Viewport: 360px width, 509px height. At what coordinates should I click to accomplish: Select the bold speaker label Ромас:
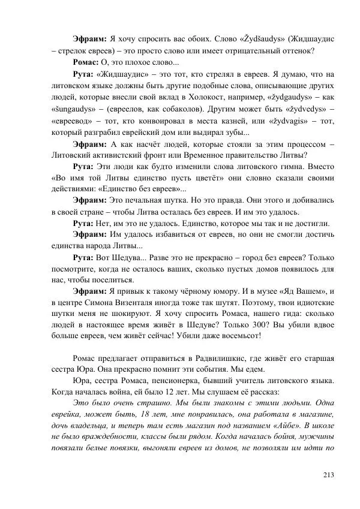[86, 63]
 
